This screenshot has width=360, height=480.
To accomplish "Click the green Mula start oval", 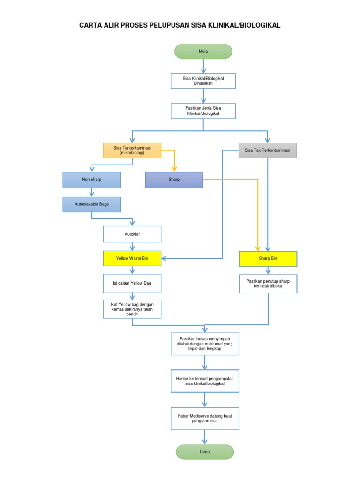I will (x=203, y=52).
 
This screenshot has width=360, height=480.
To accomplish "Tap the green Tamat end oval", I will (x=204, y=452).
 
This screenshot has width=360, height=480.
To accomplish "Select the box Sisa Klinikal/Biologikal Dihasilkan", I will (x=203, y=81).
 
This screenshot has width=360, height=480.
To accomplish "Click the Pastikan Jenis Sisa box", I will (x=203, y=111).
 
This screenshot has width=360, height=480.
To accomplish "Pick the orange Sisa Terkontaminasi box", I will (x=132, y=150).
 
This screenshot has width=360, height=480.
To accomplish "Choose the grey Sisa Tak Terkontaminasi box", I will (x=267, y=150).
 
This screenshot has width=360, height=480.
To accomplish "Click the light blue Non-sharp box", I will (x=91, y=180).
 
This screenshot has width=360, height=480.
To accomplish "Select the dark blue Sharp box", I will (x=174, y=180).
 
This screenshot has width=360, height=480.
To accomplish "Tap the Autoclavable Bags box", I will (x=91, y=204).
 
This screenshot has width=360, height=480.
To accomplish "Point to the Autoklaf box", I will (x=132, y=234).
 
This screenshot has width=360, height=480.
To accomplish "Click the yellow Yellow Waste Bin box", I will (x=132, y=258).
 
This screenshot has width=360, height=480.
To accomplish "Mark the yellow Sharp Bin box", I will (x=268, y=258).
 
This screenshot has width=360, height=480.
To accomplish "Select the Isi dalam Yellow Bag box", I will (x=132, y=283).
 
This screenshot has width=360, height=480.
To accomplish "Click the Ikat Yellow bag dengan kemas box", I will (x=132, y=309).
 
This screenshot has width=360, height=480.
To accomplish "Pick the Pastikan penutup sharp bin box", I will (x=268, y=284).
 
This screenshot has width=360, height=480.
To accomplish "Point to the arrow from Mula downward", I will (x=203, y=66).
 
